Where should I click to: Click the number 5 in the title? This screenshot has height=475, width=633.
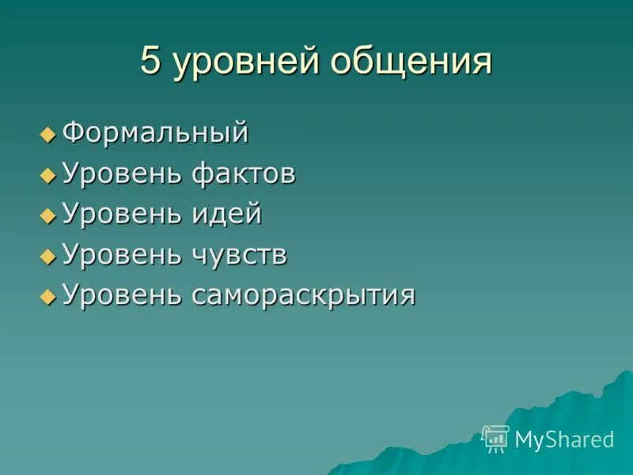pos(150,62)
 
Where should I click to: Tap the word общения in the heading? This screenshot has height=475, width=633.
pos(412,63)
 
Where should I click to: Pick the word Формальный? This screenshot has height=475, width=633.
pos(155,132)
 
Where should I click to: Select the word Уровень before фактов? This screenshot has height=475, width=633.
pos(122,173)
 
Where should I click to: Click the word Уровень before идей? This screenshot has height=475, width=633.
pos(122,215)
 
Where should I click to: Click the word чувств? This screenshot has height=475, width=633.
pos(239,256)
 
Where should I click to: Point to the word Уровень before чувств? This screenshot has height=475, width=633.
pos(122,256)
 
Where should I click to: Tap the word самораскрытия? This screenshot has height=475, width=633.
pos(302,296)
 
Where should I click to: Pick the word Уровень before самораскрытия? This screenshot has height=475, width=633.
pos(122,296)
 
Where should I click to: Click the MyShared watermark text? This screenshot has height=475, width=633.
pos(564,439)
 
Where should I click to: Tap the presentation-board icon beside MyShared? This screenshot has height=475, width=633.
pos(495,439)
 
